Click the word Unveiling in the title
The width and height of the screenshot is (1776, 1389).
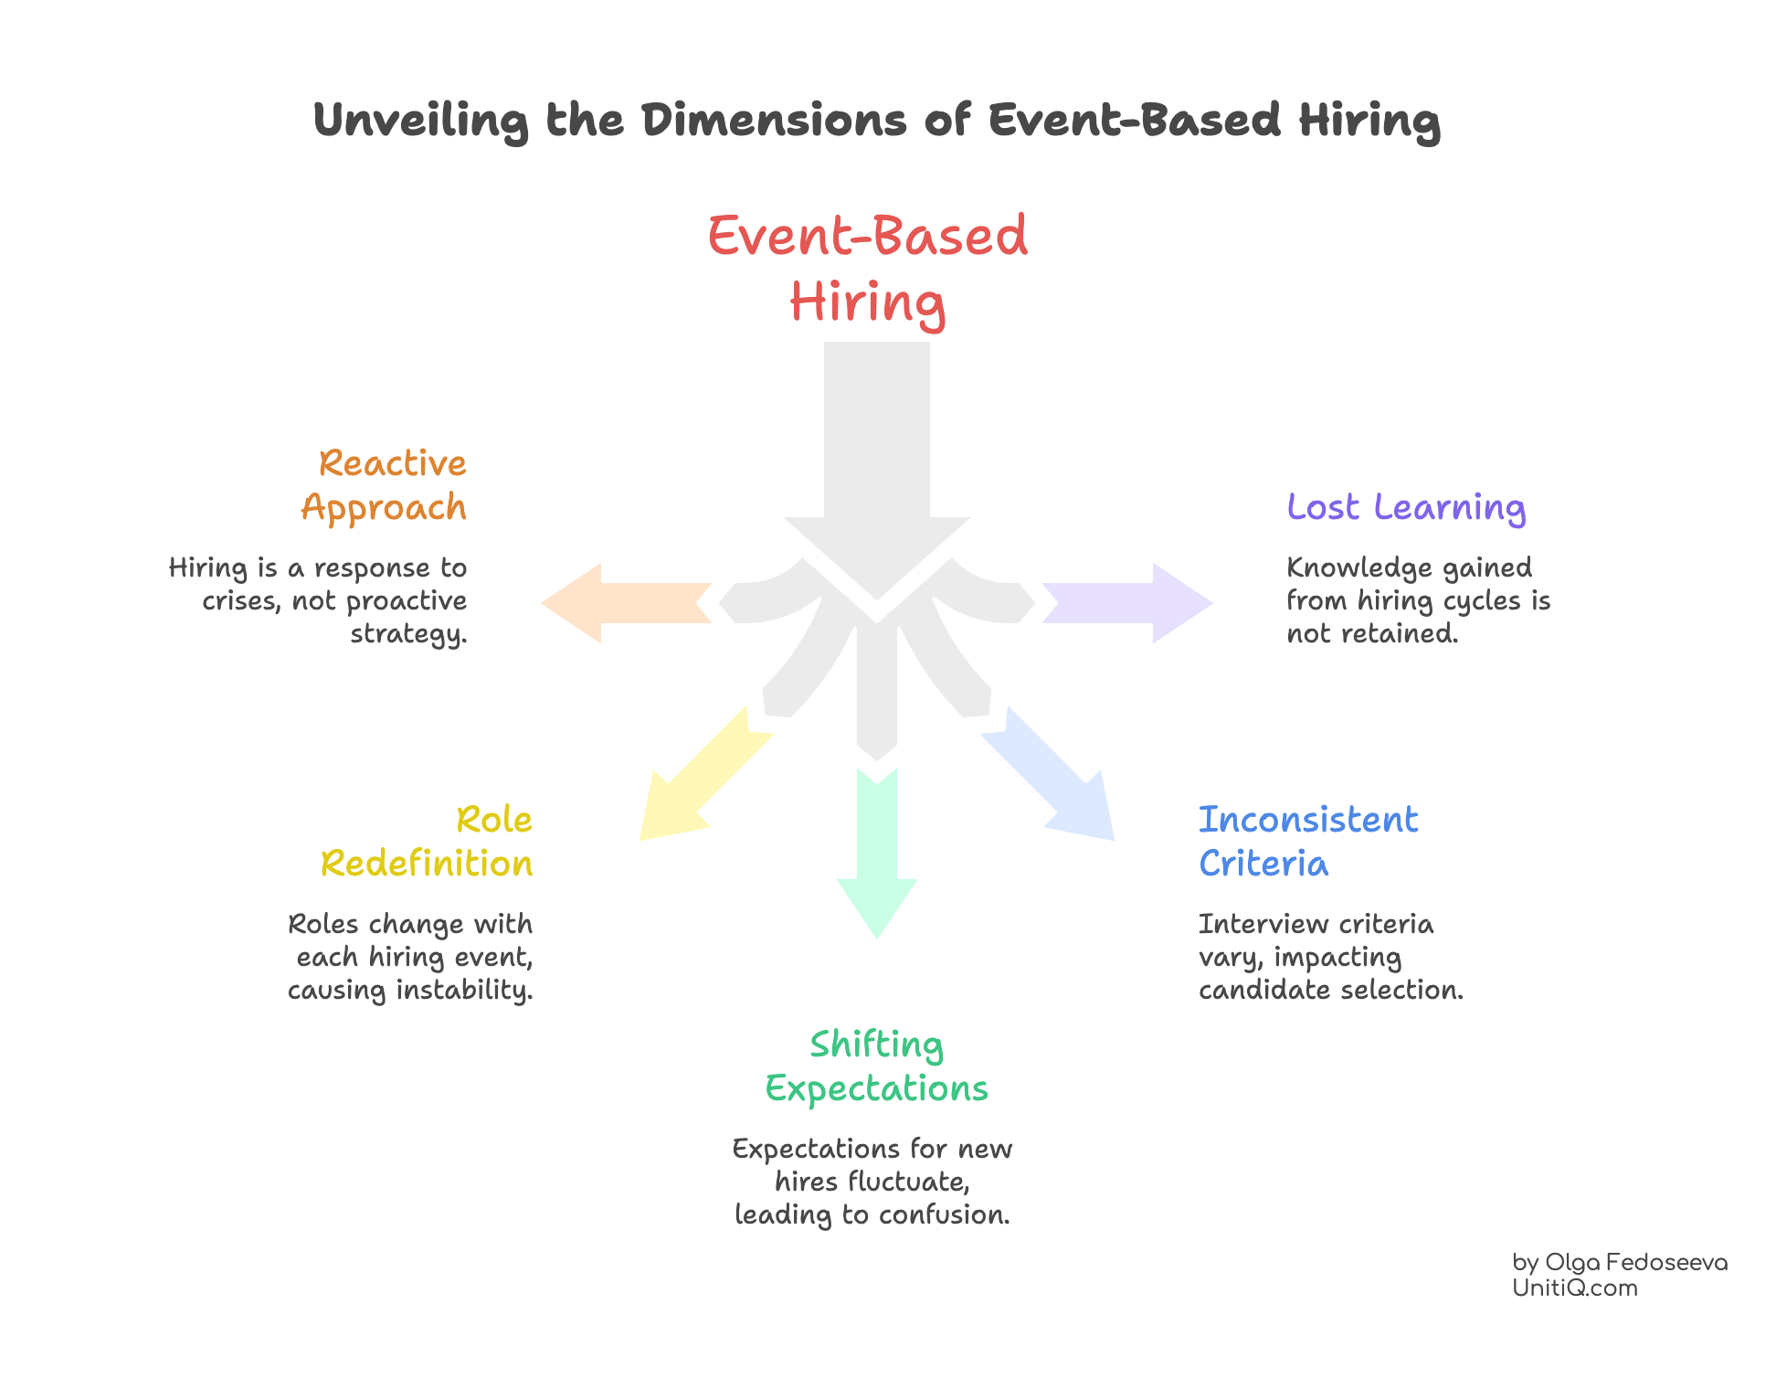(420, 121)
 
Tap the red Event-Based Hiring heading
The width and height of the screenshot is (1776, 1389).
(868, 268)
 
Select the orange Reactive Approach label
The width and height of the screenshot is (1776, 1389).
(385, 485)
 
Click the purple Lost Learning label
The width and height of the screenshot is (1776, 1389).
(1406, 507)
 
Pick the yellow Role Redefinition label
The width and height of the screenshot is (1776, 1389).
(428, 842)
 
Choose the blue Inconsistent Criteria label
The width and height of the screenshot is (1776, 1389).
(1307, 842)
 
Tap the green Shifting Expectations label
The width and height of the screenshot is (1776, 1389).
(876, 1066)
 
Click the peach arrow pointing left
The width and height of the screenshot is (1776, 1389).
(621, 603)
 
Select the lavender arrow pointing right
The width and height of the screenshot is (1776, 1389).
(1133, 603)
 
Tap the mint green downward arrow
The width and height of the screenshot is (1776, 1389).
(877, 859)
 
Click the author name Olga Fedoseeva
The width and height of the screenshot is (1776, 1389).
(1635, 1263)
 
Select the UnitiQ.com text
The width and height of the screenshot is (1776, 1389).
(1574, 1288)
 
